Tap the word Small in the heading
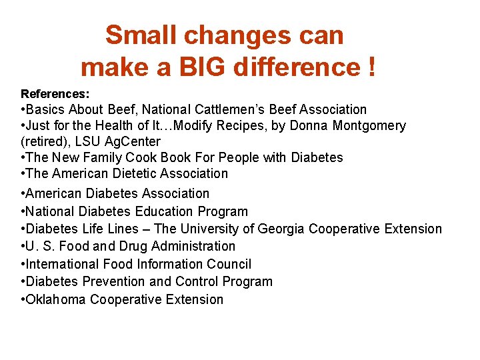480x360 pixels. coord(141,35)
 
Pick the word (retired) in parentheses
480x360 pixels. coord(45,141)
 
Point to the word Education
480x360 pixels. coord(166,211)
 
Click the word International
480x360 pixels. coord(62,264)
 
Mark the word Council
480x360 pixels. coord(228,264)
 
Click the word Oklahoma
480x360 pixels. coord(56,299)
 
